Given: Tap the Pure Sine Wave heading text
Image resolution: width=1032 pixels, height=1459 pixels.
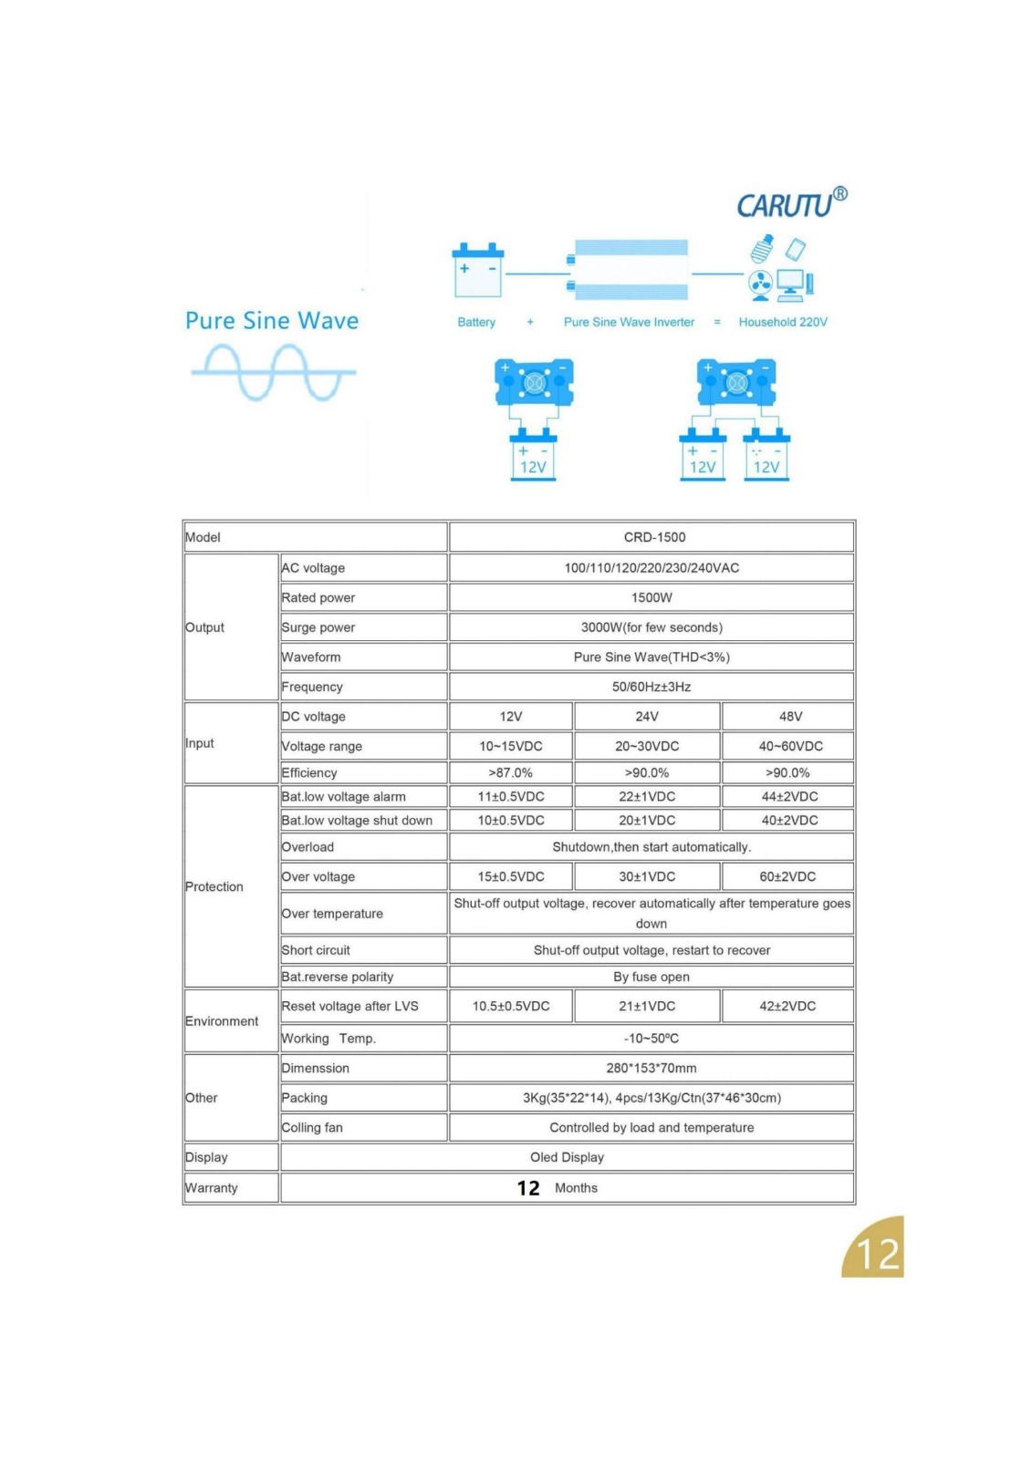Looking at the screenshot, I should click(272, 321).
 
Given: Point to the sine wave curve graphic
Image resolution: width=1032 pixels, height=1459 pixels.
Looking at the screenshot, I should click(273, 372).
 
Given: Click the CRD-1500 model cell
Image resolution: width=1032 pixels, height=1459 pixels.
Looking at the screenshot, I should click(654, 537).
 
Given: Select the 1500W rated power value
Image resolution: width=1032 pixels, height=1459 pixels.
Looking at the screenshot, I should click(652, 597).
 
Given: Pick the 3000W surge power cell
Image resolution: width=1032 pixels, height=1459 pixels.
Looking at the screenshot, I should click(652, 627).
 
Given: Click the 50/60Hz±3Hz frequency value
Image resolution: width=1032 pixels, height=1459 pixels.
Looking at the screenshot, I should click(652, 687).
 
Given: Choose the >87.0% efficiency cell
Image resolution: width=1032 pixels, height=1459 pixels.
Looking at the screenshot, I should click(510, 772).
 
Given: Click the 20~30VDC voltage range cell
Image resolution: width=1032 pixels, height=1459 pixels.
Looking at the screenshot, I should click(647, 746).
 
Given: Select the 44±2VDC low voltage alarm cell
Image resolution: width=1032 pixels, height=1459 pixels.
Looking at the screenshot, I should click(789, 796).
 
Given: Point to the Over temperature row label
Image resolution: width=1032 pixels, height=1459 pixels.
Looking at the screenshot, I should click(332, 914).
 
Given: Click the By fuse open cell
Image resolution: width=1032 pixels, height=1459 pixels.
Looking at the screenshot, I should click(652, 977).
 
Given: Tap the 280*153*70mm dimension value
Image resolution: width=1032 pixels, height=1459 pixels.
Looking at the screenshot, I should click(652, 1068).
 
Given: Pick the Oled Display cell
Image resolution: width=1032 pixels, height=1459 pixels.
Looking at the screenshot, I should click(567, 1157).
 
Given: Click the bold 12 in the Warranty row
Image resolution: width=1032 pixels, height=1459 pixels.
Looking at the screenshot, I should click(528, 1188).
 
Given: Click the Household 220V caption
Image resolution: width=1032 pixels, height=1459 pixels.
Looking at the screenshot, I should click(783, 322).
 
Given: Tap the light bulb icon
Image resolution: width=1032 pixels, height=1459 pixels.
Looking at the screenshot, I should click(762, 248).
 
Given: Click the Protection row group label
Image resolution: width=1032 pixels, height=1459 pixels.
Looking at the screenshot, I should click(214, 886).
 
